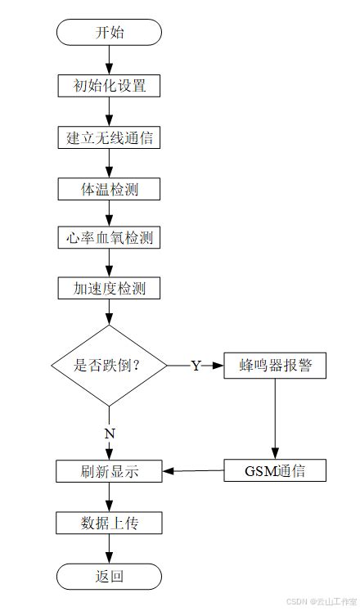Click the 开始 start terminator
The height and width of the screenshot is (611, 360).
109,33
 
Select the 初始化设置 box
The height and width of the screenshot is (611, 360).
109,85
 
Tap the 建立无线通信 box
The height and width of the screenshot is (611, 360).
109,137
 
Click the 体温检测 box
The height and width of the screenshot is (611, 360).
109,189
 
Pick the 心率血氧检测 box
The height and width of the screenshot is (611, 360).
109,238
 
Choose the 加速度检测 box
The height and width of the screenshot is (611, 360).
109,288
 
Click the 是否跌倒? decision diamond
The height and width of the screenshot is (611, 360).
109,366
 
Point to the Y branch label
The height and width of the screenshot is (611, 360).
196,366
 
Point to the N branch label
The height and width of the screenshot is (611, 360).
109,434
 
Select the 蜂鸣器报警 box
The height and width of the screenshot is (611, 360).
275,366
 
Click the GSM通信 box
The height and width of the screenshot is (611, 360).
275,470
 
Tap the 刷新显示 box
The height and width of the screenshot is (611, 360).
109,471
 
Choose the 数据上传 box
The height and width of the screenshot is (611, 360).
109,523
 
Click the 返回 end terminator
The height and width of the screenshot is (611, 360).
109,576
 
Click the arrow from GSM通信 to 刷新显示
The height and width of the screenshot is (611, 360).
193,470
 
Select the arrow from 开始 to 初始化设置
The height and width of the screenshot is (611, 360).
109,59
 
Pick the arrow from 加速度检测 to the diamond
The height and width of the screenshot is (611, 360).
109,312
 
